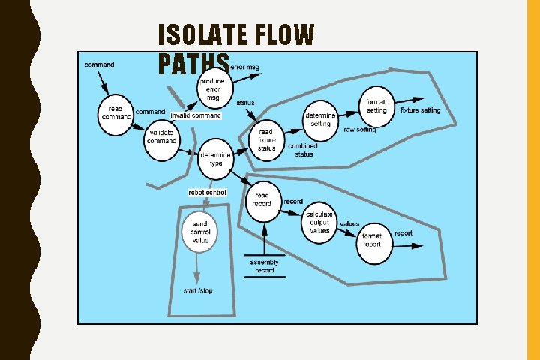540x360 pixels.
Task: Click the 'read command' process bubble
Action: (115, 114)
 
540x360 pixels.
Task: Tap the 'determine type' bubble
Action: (216, 159)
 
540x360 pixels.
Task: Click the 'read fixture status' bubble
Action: (267, 139)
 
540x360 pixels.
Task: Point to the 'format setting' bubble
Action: (377, 106)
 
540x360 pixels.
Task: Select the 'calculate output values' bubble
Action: (319, 223)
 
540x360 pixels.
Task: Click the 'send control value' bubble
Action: (199, 231)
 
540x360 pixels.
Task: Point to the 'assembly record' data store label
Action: (265, 266)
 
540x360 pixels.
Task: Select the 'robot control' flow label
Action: (207, 193)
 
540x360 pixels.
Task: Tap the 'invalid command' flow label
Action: (196, 115)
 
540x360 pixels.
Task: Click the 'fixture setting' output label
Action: (421, 110)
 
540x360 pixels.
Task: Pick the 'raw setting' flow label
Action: (360, 130)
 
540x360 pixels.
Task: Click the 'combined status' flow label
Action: (304, 150)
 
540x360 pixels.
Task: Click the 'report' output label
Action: (403, 233)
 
